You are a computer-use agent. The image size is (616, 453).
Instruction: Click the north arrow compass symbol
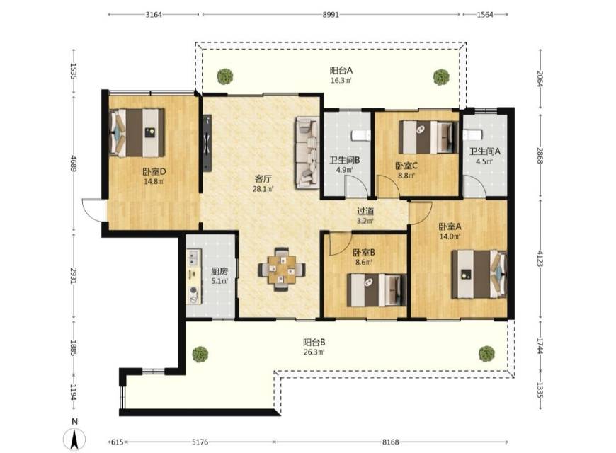[x=74, y=439]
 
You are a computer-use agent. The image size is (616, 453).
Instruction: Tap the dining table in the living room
[x=281, y=270]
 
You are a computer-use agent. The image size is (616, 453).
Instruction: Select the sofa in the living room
[x=307, y=152]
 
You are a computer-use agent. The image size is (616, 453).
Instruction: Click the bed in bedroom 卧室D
[x=137, y=132]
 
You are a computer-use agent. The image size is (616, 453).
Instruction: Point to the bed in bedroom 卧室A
[x=479, y=274]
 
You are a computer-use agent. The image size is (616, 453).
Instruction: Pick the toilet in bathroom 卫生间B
[x=360, y=135]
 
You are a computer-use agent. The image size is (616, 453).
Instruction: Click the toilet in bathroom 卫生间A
[x=472, y=134]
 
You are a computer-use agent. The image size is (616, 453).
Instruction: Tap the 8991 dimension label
[x=331, y=15]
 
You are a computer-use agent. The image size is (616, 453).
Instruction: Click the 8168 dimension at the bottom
[x=391, y=442]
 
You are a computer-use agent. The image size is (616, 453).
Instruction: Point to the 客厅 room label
[x=263, y=179]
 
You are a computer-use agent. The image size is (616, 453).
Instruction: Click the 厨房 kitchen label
[x=219, y=272]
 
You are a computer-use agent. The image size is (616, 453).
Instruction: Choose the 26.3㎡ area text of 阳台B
[x=314, y=352]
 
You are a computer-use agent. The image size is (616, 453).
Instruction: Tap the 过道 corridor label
[x=365, y=212]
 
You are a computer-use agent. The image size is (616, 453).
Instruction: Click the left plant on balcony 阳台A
[x=225, y=76]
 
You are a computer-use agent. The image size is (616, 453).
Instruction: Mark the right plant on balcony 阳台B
[x=486, y=354]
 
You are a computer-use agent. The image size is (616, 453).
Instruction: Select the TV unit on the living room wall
[x=207, y=142]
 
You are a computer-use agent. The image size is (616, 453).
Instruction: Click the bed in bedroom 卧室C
[x=428, y=137]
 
